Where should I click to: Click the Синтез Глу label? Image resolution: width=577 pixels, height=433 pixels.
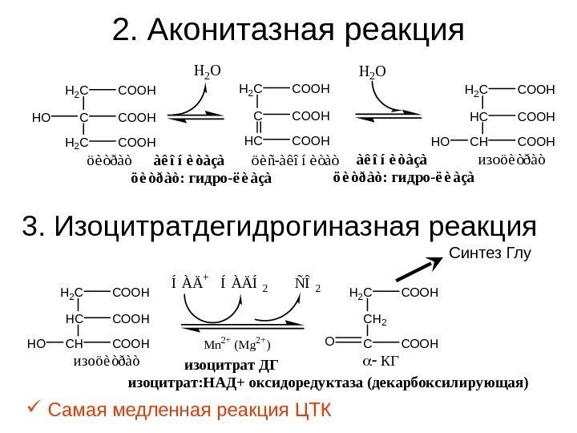pos(490,254)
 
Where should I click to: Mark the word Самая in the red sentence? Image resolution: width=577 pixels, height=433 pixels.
pos(77,411)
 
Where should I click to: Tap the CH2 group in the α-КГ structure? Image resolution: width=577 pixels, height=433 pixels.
pos(373,320)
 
